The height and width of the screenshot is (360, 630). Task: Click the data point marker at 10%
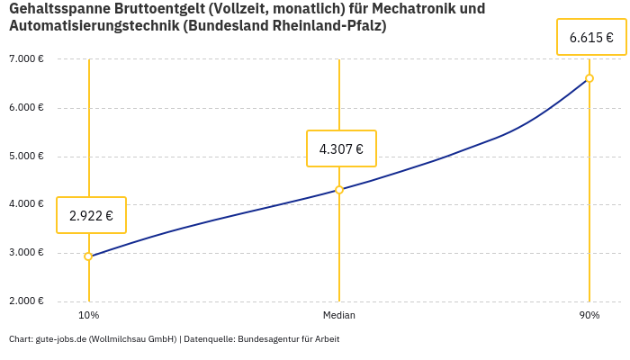pyautogui.click(x=88, y=256)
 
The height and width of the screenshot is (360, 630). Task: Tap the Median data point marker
pyautogui.click(x=339, y=190)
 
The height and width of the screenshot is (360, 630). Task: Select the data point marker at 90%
pyautogui.click(x=589, y=78)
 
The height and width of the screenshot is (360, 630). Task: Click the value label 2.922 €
pyautogui.click(x=91, y=215)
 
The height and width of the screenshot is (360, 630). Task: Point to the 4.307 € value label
pyautogui.click(x=341, y=148)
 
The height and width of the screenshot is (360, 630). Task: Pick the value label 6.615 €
pyautogui.click(x=591, y=38)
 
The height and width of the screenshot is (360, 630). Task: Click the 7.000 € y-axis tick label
pyautogui.click(x=26, y=59)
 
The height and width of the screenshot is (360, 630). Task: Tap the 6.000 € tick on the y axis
pyautogui.click(x=26, y=108)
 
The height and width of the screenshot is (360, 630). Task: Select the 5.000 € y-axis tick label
pyautogui.click(x=26, y=156)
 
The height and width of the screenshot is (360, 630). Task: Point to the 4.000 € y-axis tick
pyautogui.click(x=26, y=204)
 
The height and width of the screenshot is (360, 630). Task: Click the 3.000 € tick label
pyautogui.click(x=26, y=253)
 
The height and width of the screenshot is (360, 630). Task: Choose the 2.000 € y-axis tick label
pyautogui.click(x=26, y=301)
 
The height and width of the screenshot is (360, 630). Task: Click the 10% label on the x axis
pyautogui.click(x=88, y=316)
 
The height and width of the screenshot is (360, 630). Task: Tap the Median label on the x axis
pyautogui.click(x=339, y=316)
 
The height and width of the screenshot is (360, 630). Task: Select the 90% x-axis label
pyautogui.click(x=589, y=316)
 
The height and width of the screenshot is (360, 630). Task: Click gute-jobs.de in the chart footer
pyautogui.click(x=60, y=339)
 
